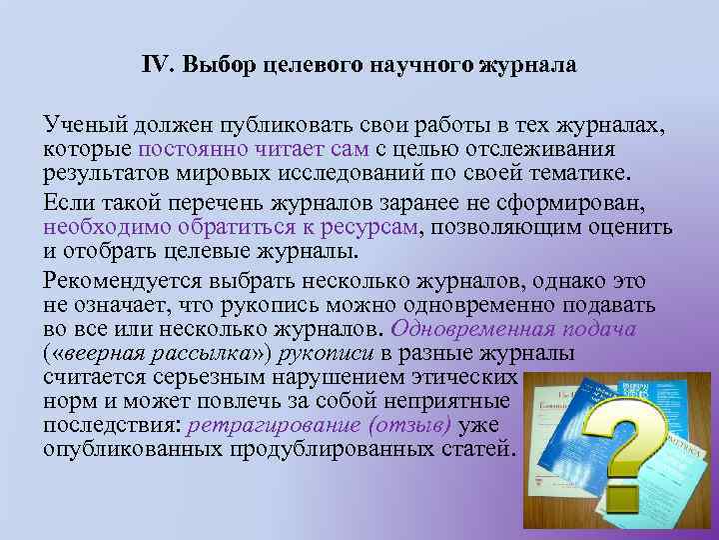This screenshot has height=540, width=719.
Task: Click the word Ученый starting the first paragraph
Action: [85, 127]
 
